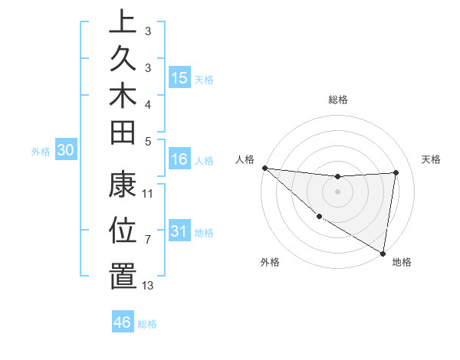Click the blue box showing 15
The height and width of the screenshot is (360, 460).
click(x=179, y=78)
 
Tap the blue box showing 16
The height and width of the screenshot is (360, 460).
click(x=179, y=159)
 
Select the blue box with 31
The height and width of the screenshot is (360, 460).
click(x=179, y=231)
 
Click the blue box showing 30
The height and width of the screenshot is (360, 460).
click(x=66, y=151)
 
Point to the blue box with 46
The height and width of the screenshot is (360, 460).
click(x=122, y=322)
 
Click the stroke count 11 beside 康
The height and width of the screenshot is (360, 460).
click(x=148, y=194)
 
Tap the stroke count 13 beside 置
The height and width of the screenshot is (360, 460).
click(x=148, y=286)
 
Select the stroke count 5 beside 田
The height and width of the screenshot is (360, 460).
click(x=148, y=140)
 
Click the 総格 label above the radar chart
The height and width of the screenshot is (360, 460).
click(x=338, y=100)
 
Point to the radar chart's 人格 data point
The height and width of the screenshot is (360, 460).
click(x=264, y=168)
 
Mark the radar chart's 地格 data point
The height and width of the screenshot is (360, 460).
click(x=383, y=253)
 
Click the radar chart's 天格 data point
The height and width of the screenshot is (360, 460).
click(x=396, y=172)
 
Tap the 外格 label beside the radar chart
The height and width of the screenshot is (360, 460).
click(x=270, y=263)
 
